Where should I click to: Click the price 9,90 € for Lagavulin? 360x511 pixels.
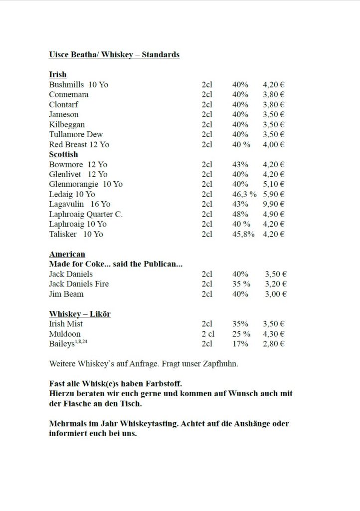coord(273,204)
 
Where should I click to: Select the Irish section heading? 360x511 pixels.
coord(57,74)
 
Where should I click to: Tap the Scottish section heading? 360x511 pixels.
coord(63,154)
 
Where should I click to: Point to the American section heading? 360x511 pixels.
coord(67,254)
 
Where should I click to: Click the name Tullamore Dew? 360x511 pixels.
coord(76,134)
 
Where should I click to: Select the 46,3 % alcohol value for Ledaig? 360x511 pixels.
coord(244,194)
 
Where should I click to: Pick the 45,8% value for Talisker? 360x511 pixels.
coord(243,234)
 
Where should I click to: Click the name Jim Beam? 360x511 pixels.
coord(66,294)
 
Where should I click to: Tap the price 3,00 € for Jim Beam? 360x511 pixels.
coord(275,294)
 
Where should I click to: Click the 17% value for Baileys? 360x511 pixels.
coord(240,344)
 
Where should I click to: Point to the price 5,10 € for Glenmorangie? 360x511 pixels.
coord(273,184)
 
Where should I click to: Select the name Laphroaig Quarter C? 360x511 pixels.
coord(86,214)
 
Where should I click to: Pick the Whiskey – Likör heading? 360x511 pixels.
coord(80,314)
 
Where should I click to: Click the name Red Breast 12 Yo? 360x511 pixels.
coord(79,144)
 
